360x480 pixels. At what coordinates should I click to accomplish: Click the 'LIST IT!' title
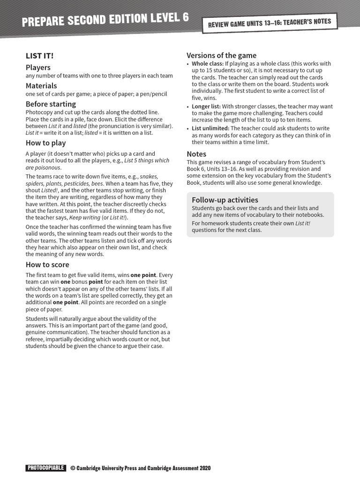39,56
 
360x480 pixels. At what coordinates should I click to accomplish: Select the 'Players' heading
38,67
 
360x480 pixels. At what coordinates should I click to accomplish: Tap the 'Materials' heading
41,86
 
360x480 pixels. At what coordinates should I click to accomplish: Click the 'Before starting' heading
51,104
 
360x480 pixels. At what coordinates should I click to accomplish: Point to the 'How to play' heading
45,143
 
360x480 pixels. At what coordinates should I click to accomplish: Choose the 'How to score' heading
47,264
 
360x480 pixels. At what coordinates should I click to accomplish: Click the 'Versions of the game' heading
221,55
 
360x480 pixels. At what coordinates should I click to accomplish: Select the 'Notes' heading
196,154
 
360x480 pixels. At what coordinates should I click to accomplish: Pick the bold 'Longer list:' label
206,107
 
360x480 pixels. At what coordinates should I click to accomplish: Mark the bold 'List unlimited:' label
210,128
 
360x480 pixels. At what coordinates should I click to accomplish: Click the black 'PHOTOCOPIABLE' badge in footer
45,468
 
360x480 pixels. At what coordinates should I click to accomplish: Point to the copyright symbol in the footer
73,468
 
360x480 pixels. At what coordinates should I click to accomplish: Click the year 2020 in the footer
205,468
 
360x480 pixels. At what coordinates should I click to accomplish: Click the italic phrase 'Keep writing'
85,217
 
